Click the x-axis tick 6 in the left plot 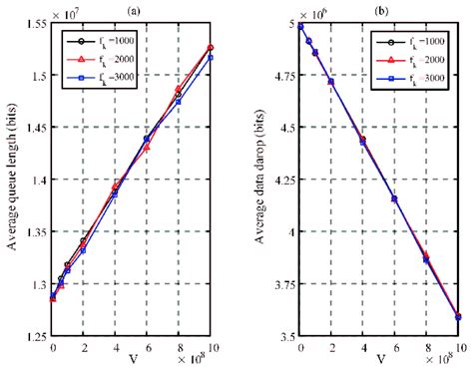tap(148, 349)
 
